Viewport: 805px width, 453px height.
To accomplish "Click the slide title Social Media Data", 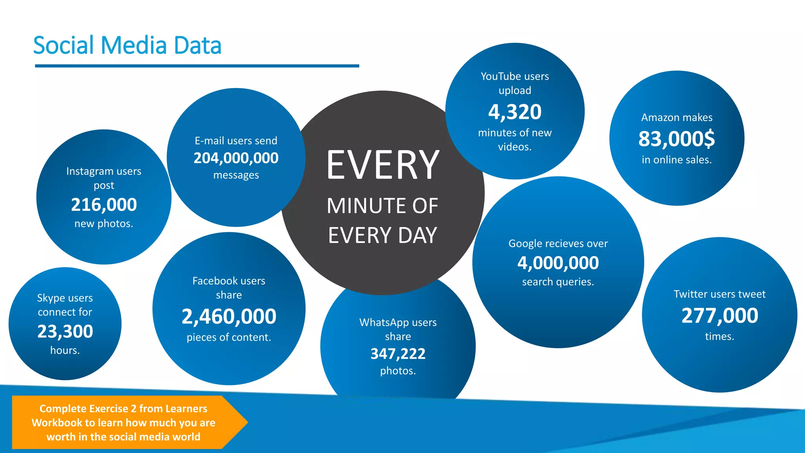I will point(127,45).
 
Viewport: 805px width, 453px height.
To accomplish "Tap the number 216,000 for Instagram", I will point(104,204).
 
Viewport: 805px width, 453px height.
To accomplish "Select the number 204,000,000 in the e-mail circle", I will point(236,158).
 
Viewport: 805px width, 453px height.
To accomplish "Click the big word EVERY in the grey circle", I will point(382,165).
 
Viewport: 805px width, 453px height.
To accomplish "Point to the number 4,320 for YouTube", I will point(515,112).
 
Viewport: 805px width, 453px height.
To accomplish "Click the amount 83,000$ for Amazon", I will point(676,139).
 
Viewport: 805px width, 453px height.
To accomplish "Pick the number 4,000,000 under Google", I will point(558,263).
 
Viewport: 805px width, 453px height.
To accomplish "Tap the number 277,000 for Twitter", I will point(719,315).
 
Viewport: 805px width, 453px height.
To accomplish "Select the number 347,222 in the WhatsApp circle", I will point(398,354).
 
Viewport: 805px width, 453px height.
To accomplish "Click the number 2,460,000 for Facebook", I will point(229,316).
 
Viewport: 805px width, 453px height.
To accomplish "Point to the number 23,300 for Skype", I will point(65,331).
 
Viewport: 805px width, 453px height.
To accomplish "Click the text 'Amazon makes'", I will point(676,118).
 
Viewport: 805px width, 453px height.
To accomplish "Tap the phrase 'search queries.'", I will point(558,282).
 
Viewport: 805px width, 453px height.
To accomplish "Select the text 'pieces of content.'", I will point(229,337).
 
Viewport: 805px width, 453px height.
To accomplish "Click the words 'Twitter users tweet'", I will point(719,294).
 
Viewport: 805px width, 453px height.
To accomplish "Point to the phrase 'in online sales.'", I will point(676,160).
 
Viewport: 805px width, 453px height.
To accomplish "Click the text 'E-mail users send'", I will point(236,141).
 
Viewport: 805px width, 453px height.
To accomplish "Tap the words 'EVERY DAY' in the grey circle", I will point(382,235).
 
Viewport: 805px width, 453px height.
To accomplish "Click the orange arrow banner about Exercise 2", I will point(123,422).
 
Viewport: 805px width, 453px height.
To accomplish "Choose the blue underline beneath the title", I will point(197,66).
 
